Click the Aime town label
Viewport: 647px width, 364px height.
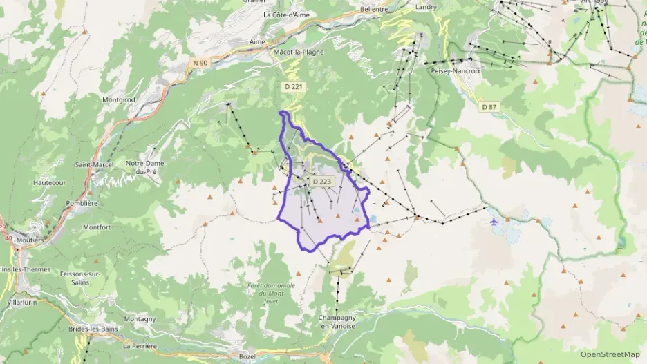pyautogui.click(x=257, y=41)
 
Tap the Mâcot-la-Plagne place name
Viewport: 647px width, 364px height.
pyautogui.click(x=299, y=51)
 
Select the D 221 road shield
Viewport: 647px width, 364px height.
pyautogui.click(x=293, y=87)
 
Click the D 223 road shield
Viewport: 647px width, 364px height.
pyautogui.click(x=322, y=181)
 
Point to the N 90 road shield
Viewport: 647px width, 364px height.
pyautogui.click(x=200, y=63)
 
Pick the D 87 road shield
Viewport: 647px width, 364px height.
pyautogui.click(x=489, y=106)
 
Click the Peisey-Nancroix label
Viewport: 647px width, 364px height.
pyautogui.click(x=455, y=70)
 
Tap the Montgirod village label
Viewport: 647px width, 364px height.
pyautogui.click(x=118, y=99)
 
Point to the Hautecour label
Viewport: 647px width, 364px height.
pyautogui.click(x=48, y=182)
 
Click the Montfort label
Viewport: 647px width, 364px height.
pyautogui.click(x=97, y=227)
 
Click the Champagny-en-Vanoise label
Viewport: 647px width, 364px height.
pyautogui.click(x=337, y=321)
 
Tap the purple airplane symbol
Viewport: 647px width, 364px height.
pyautogui.click(x=493, y=222)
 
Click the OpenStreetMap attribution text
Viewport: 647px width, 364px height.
pyautogui.click(x=610, y=354)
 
